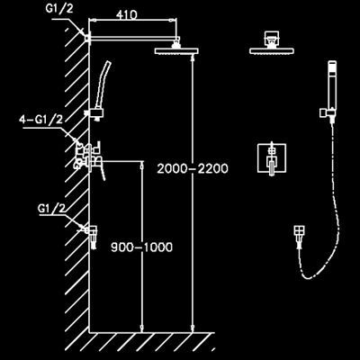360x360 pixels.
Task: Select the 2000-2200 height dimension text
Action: pos(193,168)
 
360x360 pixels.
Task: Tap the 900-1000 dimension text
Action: pos(142,247)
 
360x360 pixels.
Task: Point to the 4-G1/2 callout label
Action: pos(41,120)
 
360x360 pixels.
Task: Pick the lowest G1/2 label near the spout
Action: pos(51,209)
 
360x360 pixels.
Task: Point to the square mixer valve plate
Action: pos(272,158)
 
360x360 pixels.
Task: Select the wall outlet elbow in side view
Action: pos(91,237)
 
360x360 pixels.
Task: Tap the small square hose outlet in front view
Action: pos(300,237)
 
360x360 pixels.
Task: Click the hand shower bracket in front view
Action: pos(327,115)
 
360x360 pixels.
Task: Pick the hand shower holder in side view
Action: pos(94,114)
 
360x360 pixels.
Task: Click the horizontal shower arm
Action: pos(134,38)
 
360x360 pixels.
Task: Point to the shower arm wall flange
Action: pos(87,39)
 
